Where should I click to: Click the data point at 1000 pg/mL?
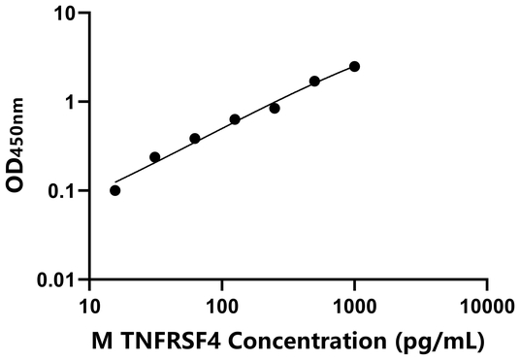(x=354, y=66)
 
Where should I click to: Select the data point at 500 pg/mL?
(x=314, y=81)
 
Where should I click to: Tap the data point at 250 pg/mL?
(x=275, y=108)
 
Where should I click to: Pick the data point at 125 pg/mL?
(x=235, y=119)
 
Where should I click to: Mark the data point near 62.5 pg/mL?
(x=195, y=139)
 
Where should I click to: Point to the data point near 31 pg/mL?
(x=155, y=156)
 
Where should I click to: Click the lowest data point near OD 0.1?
(x=115, y=190)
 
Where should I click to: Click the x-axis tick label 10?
(x=90, y=307)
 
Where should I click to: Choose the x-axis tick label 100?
(x=222, y=307)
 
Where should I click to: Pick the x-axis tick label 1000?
(x=354, y=307)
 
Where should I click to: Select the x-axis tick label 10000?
(x=486, y=307)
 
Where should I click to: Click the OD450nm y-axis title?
(x=18, y=146)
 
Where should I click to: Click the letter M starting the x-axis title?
(x=99, y=342)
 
